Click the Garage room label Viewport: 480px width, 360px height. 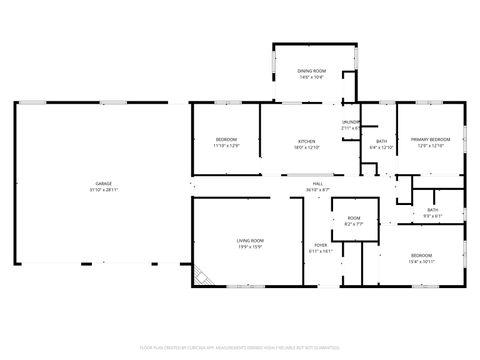103,184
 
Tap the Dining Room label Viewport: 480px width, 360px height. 312,71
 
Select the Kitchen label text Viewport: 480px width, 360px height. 307,141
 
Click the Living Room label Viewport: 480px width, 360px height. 250,240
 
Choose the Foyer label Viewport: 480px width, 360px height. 320,245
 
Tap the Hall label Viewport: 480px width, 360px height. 318,184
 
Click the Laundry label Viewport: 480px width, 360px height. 351,122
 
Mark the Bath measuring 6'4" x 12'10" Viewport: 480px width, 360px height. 382,144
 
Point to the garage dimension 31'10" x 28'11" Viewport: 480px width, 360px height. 103,190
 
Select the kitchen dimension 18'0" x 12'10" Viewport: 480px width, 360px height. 307,147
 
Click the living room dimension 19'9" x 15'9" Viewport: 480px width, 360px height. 250,246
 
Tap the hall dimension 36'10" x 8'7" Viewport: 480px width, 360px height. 318,190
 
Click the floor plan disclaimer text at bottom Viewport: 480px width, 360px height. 240,347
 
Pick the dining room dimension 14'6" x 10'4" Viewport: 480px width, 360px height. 312,77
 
